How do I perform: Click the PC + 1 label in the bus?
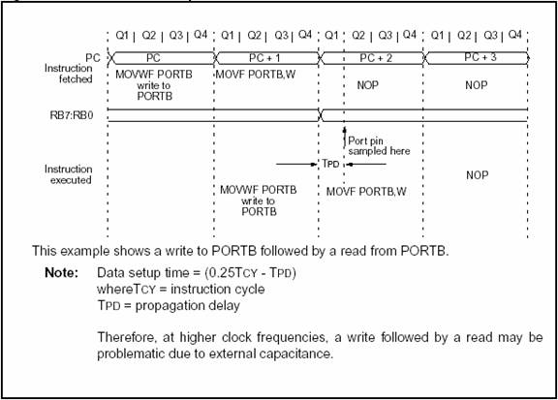pos(264,58)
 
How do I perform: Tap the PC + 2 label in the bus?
pos(376,58)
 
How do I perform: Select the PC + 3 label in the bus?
pos(480,57)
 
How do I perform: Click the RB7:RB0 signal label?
pos(72,115)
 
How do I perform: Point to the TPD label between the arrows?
pos(330,164)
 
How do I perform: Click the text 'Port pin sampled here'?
pos(379,146)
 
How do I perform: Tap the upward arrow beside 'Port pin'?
pos(344,138)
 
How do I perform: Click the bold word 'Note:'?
pos(62,272)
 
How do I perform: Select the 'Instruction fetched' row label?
pos(69,74)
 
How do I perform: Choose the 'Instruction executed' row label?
pos(69,174)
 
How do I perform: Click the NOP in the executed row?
pos(477,175)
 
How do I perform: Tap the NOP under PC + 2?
pos(367,85)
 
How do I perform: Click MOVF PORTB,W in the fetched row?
pos(256,75)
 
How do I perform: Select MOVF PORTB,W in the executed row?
pos(366,192)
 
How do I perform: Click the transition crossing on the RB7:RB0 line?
pos(321,115)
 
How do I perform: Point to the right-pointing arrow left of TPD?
pos(296,164)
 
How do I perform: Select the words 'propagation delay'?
pos(188,306)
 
